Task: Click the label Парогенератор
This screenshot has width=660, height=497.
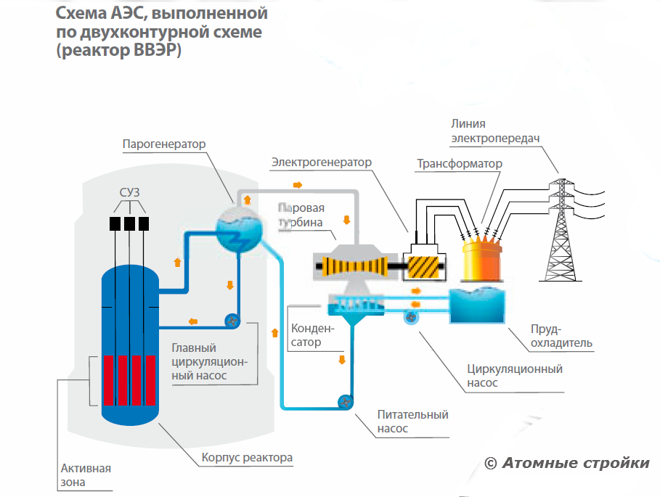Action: click(x=163, y=144)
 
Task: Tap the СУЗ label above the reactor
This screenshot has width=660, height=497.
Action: click(x=129, y=192)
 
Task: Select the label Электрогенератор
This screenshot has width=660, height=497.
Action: click(x=321, y=162)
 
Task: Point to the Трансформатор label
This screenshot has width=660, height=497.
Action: click(x=459, y=164)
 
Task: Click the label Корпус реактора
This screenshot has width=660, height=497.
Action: click(x=247, y=458)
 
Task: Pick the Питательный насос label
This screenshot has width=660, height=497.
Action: click(x=412, y=422)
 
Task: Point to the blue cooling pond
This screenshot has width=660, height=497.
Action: click(x=477, y=305)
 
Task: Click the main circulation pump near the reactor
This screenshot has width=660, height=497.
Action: click(x=232, y=321)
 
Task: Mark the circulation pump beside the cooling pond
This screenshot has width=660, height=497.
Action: click(x=411, y=316)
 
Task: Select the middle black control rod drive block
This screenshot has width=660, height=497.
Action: click(x=129, y=223)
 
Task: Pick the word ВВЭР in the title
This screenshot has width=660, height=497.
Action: click(x=155, y=53)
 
